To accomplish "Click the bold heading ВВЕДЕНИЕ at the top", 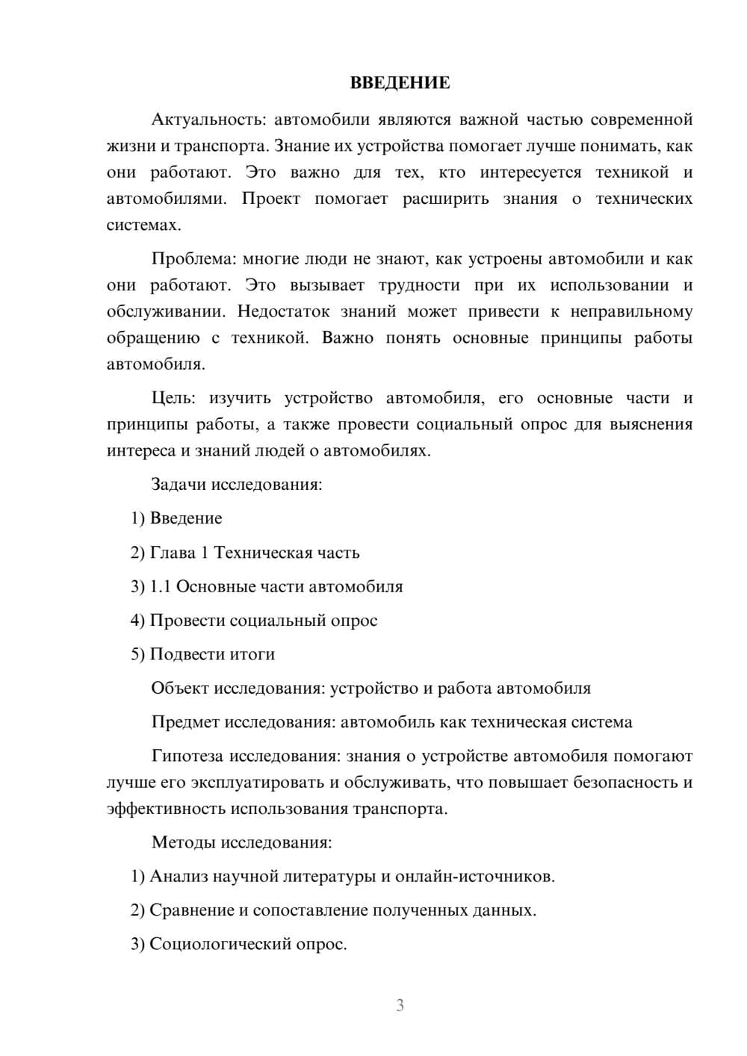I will pos(400,83).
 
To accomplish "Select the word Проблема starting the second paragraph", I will pos(193,259).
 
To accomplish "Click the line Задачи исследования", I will pos(237,484).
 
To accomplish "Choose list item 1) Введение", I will pos(177,518).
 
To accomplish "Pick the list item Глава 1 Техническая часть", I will pos(245,553).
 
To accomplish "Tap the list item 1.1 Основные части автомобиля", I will pos(267,586).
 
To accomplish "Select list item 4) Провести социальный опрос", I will pos(254,621).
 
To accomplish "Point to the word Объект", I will pos(180,689).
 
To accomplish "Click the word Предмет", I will pos(185,722).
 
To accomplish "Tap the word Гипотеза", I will pos(187,757).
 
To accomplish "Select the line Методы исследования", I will pos(242,842).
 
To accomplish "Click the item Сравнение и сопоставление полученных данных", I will pos(334,910).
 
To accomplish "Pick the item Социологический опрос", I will pos(239,944).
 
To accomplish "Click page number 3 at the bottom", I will pos(400,1005).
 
